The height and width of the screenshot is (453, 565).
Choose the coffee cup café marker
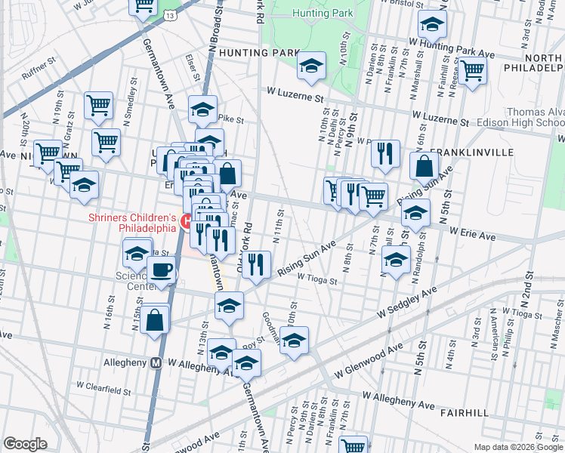pos(162,271)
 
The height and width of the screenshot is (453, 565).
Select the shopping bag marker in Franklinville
pos(425,167)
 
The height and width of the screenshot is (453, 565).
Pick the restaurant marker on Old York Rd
pos(257,265)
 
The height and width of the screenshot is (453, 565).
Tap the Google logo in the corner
pos(25,443)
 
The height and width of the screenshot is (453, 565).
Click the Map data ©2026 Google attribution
pos(517,447)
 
